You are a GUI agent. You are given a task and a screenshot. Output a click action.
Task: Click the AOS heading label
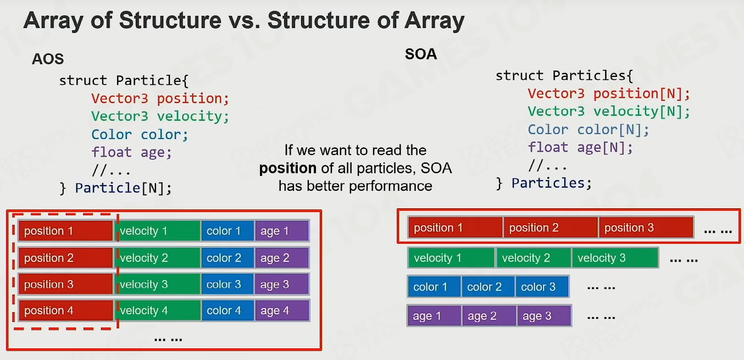coord(47,59)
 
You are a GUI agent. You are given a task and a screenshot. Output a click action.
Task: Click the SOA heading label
coord(421,54)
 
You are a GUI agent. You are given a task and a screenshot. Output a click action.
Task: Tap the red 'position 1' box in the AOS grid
coord(66,230)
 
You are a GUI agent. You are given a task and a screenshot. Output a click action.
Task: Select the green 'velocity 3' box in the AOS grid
coord(158,284)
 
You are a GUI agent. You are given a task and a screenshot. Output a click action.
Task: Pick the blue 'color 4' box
coord(227,311)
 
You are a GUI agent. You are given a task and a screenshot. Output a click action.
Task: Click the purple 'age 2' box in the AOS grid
coord(282,258)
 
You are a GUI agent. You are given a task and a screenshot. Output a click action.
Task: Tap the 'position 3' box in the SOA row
coord(646,228)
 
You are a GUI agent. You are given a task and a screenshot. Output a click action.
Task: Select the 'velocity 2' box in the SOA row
coord(534,258)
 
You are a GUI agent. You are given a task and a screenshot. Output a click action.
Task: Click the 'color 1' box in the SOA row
coord(434,286)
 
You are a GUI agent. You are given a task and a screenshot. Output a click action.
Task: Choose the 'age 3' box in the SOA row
coord(544,316)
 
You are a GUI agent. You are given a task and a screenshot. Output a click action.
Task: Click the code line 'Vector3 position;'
coord(160,98)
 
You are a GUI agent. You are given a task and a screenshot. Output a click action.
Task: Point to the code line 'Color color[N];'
coord(588,130)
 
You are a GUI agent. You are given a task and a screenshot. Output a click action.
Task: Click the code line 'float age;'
coord(131,152)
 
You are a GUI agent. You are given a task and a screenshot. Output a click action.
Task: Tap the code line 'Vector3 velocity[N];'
coord(609,111)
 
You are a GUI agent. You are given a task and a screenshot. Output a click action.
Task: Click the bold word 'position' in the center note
coord(287,168)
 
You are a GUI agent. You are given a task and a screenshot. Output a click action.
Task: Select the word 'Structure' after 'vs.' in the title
coord(318,20)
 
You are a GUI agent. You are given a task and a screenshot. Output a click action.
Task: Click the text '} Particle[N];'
coord(115,189)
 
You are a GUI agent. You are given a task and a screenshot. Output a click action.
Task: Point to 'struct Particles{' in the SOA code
coord(564,76)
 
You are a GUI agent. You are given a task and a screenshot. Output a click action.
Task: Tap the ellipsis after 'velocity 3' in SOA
coord(684,261)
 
